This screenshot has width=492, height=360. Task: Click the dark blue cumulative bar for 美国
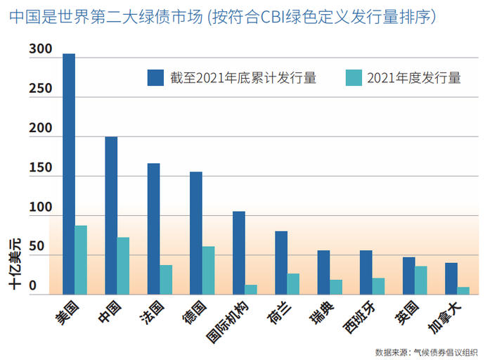[x=69, y=174]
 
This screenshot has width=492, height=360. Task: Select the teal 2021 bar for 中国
[x=123, y=266]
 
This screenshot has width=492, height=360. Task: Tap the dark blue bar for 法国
[x=153, y=229]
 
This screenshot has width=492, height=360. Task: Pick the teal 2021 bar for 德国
[x=208, y=270]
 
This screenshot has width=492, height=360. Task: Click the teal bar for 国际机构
[x=251, y=290]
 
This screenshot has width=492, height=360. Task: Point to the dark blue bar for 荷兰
[x=281, y=263]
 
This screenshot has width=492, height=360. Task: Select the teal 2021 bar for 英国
[x=421, y=281]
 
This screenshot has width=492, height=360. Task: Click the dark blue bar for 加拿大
[x=451, y=278]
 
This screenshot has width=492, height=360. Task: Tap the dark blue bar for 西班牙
[x=366, y=272]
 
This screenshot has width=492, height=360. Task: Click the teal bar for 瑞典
[x=336, y=287]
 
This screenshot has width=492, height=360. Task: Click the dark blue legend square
[x=155, y=77]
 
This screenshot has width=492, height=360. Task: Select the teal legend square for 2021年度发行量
[x=354, y=77]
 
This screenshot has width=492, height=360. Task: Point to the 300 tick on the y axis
[x=41, y=49]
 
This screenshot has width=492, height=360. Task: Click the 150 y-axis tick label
[x=41, y=167]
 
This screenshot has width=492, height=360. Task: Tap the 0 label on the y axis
[x=32, y=285]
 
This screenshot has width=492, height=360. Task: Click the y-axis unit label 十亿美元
[x=15, y=264]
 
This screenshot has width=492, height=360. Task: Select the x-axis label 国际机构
[x=228, y=321]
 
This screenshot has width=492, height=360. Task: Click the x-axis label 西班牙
[x=359, y=317]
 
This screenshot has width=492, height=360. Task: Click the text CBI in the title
[x=273, y=17]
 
